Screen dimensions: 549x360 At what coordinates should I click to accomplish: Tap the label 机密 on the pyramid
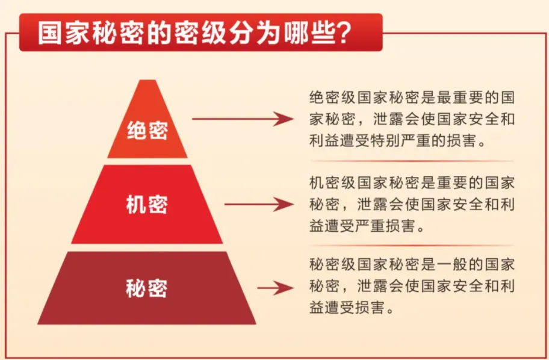pos(147,205)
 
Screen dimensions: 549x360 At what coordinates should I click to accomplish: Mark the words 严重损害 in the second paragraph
pos(394,226)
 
